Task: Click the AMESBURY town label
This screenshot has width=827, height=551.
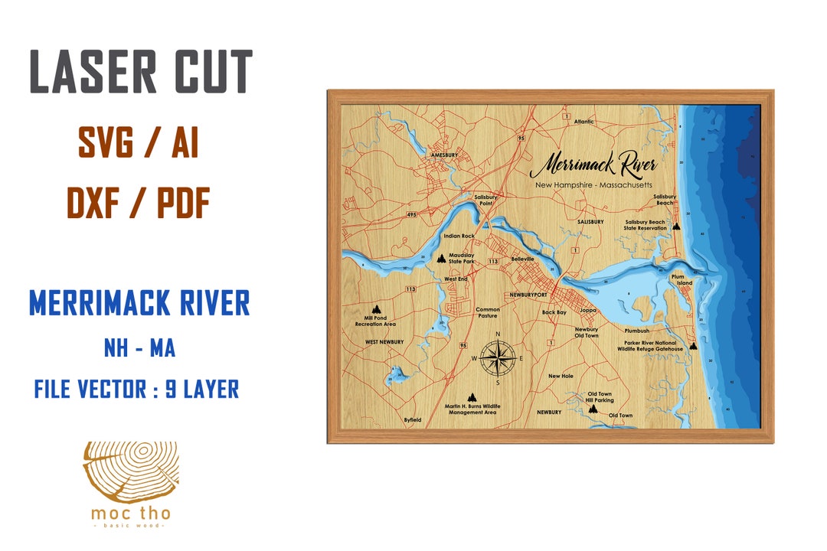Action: coord(444,155)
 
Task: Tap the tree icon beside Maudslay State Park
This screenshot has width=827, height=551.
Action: coord(440,259)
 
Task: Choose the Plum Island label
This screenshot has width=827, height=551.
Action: coord(682,279)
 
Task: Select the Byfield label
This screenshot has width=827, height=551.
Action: coord(413,420)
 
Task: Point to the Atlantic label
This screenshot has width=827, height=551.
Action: coord(584,122)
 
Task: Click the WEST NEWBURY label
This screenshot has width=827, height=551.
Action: coord(384,342)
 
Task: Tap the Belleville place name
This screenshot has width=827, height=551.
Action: coord(521,259)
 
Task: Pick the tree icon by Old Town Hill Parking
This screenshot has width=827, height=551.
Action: coord(593,409)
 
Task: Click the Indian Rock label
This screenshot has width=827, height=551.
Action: coord(459,236)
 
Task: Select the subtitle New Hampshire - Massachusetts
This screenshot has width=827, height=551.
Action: coord(593,185)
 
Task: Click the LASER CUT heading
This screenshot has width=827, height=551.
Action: coord(140,72)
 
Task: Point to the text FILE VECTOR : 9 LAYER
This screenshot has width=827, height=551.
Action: coord(136,390)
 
